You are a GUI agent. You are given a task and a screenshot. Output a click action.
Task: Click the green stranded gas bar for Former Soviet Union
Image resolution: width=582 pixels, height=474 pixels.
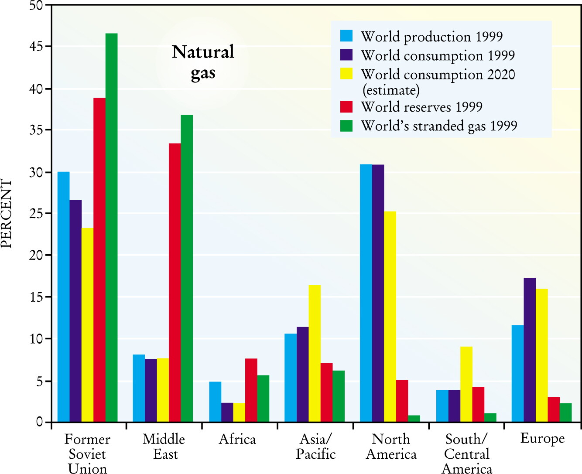click(x=112, y=228)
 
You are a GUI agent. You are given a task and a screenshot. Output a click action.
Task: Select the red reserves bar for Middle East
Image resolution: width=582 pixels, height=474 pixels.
click(x=175, y=283)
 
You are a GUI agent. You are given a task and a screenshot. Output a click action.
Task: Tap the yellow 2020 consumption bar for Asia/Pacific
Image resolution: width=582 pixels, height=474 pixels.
click(x=315, y=354)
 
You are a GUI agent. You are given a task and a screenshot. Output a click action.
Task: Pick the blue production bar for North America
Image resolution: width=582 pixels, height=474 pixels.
click(x=366, y=293)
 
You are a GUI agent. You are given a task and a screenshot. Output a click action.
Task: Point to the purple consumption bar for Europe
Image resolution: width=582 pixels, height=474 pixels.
click(x=530, y=350)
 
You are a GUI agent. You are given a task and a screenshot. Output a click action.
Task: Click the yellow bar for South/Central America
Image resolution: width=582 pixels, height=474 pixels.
click(x=466, y=385)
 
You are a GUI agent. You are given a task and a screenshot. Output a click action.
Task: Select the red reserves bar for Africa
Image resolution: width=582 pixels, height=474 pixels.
click(x=251, y=390)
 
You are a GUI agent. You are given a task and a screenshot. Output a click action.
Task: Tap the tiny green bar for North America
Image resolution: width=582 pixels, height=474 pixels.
click(x=414, y=419)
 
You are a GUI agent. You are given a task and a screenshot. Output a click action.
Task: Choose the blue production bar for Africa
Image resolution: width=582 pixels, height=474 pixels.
click(x=216, y=402)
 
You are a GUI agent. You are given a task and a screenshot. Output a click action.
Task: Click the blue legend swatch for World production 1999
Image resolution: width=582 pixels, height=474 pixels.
click(x=346, y=36)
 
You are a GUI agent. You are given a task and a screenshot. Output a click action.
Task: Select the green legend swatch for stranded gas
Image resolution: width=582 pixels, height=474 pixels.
click(x=346, y=126)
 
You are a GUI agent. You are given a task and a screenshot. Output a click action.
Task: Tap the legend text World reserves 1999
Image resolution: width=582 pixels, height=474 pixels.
click(x=421, y=107)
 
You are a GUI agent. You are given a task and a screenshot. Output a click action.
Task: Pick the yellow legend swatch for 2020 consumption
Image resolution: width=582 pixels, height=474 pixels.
click(x=346, y=74)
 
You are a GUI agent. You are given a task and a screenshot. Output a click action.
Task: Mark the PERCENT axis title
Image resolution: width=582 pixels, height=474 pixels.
click(x=6, y=214)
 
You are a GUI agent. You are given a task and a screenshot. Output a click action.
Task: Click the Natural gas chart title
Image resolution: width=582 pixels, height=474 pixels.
click(x=203, y=62)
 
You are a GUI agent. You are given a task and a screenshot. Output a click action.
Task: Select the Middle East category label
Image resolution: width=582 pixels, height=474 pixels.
click(x=164, y=447)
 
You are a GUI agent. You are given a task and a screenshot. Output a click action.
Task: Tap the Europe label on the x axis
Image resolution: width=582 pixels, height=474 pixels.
click(x=542, y=439)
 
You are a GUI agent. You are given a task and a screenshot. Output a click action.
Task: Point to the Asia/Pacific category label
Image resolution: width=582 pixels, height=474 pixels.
click(x=315, y=447)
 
